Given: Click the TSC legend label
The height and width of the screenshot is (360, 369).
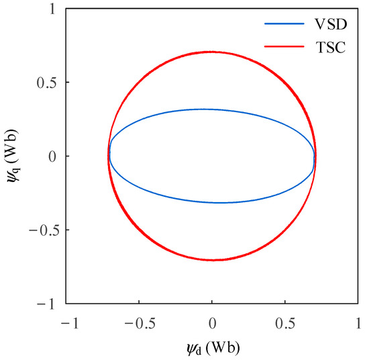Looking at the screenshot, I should [x=330, y=48].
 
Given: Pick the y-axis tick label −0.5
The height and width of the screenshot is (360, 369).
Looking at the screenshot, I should [x=42, y=230].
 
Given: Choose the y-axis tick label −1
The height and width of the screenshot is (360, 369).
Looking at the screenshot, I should [x=48, y=304].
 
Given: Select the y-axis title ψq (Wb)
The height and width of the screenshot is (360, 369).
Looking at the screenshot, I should [x=13, y=156].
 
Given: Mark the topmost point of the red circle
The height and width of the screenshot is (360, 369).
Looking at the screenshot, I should [x=212, y=52].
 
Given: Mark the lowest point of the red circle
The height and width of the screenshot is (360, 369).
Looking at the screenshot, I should [x=212, y=260].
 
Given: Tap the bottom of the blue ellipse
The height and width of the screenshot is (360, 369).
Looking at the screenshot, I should [x=221, y=202].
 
